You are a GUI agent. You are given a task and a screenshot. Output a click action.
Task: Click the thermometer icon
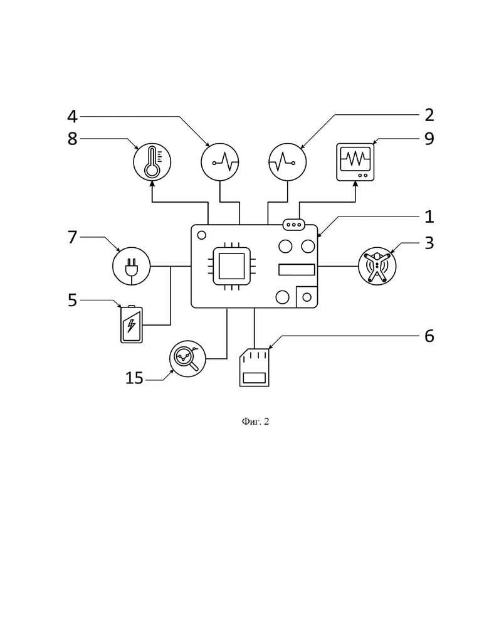tap(152, 162)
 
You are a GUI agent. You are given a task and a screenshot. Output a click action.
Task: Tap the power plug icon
tap(132, 266)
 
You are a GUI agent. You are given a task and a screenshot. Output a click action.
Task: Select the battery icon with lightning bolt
tap(132, 324)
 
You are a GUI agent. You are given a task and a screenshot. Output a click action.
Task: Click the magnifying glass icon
tap(187, 359)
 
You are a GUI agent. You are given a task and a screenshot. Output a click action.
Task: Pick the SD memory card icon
tap(255, 367)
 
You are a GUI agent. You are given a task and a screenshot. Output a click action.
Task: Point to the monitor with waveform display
tap(355, 162)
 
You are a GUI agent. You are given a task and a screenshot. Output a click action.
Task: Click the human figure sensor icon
tap(377, 266)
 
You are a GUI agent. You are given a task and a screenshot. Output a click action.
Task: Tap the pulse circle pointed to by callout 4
tap(220, 162)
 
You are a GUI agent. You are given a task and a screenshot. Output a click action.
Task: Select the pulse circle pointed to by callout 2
tap(288, 162)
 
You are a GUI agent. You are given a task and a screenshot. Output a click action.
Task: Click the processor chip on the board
tap(232, 266)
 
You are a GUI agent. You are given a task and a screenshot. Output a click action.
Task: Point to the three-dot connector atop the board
tap(293, 225)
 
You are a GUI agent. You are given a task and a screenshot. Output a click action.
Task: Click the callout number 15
tap(134, 378)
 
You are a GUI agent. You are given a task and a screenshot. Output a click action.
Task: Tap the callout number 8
tap(72, 139)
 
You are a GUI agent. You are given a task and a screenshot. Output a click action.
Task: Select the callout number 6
tap(429, 336)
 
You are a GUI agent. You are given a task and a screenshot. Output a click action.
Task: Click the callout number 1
tap(429, 217)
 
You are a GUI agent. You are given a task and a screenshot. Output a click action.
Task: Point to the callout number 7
tap(72, 237)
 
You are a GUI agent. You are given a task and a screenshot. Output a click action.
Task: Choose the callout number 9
tap(429, 139)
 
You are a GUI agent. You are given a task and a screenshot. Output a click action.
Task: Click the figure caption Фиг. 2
tap(255, 422)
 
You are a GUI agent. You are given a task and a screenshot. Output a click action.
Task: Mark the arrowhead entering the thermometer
tap(152, 184)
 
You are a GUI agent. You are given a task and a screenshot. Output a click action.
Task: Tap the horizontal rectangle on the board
tap(297, 269)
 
